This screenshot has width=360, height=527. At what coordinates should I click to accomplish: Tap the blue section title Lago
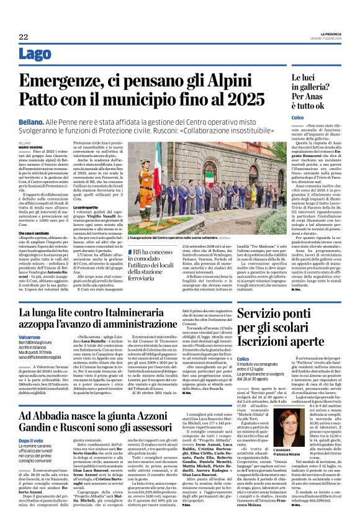pos(35,54)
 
